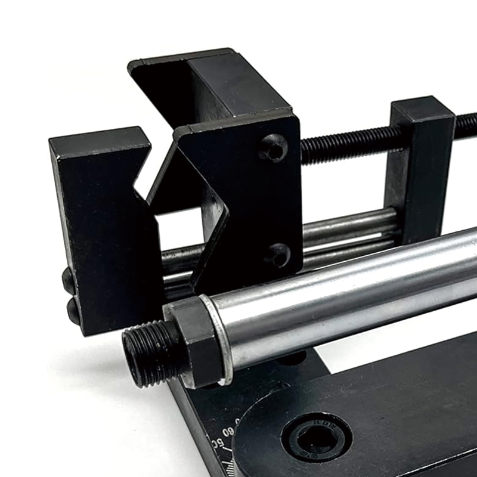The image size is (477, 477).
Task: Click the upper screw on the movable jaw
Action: coord(274,147)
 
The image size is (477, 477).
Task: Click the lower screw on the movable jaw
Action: coord(277,255)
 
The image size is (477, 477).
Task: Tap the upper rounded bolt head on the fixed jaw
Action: coord(69,280)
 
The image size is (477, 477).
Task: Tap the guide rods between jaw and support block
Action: coord(352,230)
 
